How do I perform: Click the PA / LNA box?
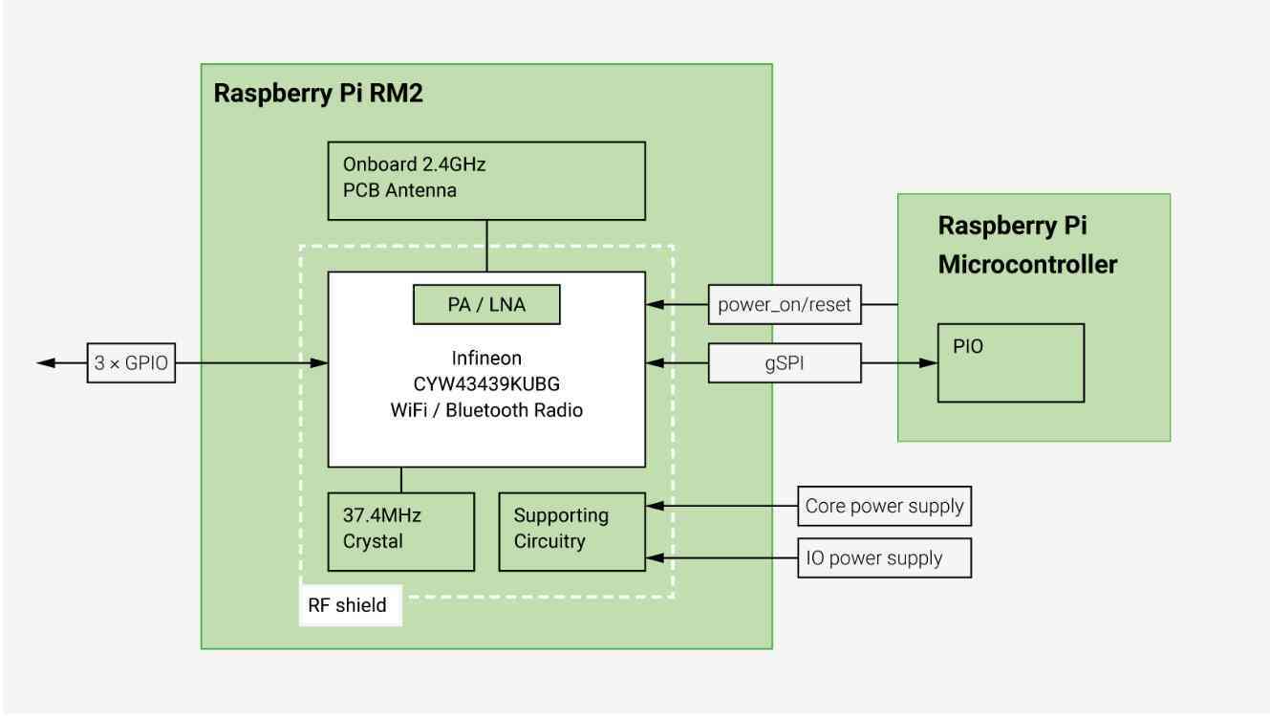tap(486, 305)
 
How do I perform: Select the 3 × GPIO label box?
tap(131, 362)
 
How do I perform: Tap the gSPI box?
tap(785, 362)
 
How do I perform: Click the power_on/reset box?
tap(785, 305)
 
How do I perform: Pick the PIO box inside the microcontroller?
tap(1011, 363)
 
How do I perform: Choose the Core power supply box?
tap(885, 506)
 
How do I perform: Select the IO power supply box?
tap(885, 557)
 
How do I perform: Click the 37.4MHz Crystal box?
tap(401, 532)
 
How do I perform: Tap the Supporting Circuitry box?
tap(572, 532)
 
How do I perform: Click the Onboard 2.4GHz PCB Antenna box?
tap(486, 181)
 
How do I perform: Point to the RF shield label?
tap(348, 605)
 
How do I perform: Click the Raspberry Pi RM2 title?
tap(318, 94)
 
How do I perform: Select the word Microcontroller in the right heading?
tap(1027, 265)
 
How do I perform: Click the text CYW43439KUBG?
tap(486, 384)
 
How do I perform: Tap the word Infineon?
tap(486, 359)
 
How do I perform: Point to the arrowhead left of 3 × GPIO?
tap(46, 362)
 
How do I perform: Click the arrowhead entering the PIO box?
tap(928, 362)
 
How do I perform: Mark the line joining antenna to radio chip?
tap(486, 246)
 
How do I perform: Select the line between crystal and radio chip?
tap(401, 480)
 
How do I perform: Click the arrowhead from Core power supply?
tap(656, 506)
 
